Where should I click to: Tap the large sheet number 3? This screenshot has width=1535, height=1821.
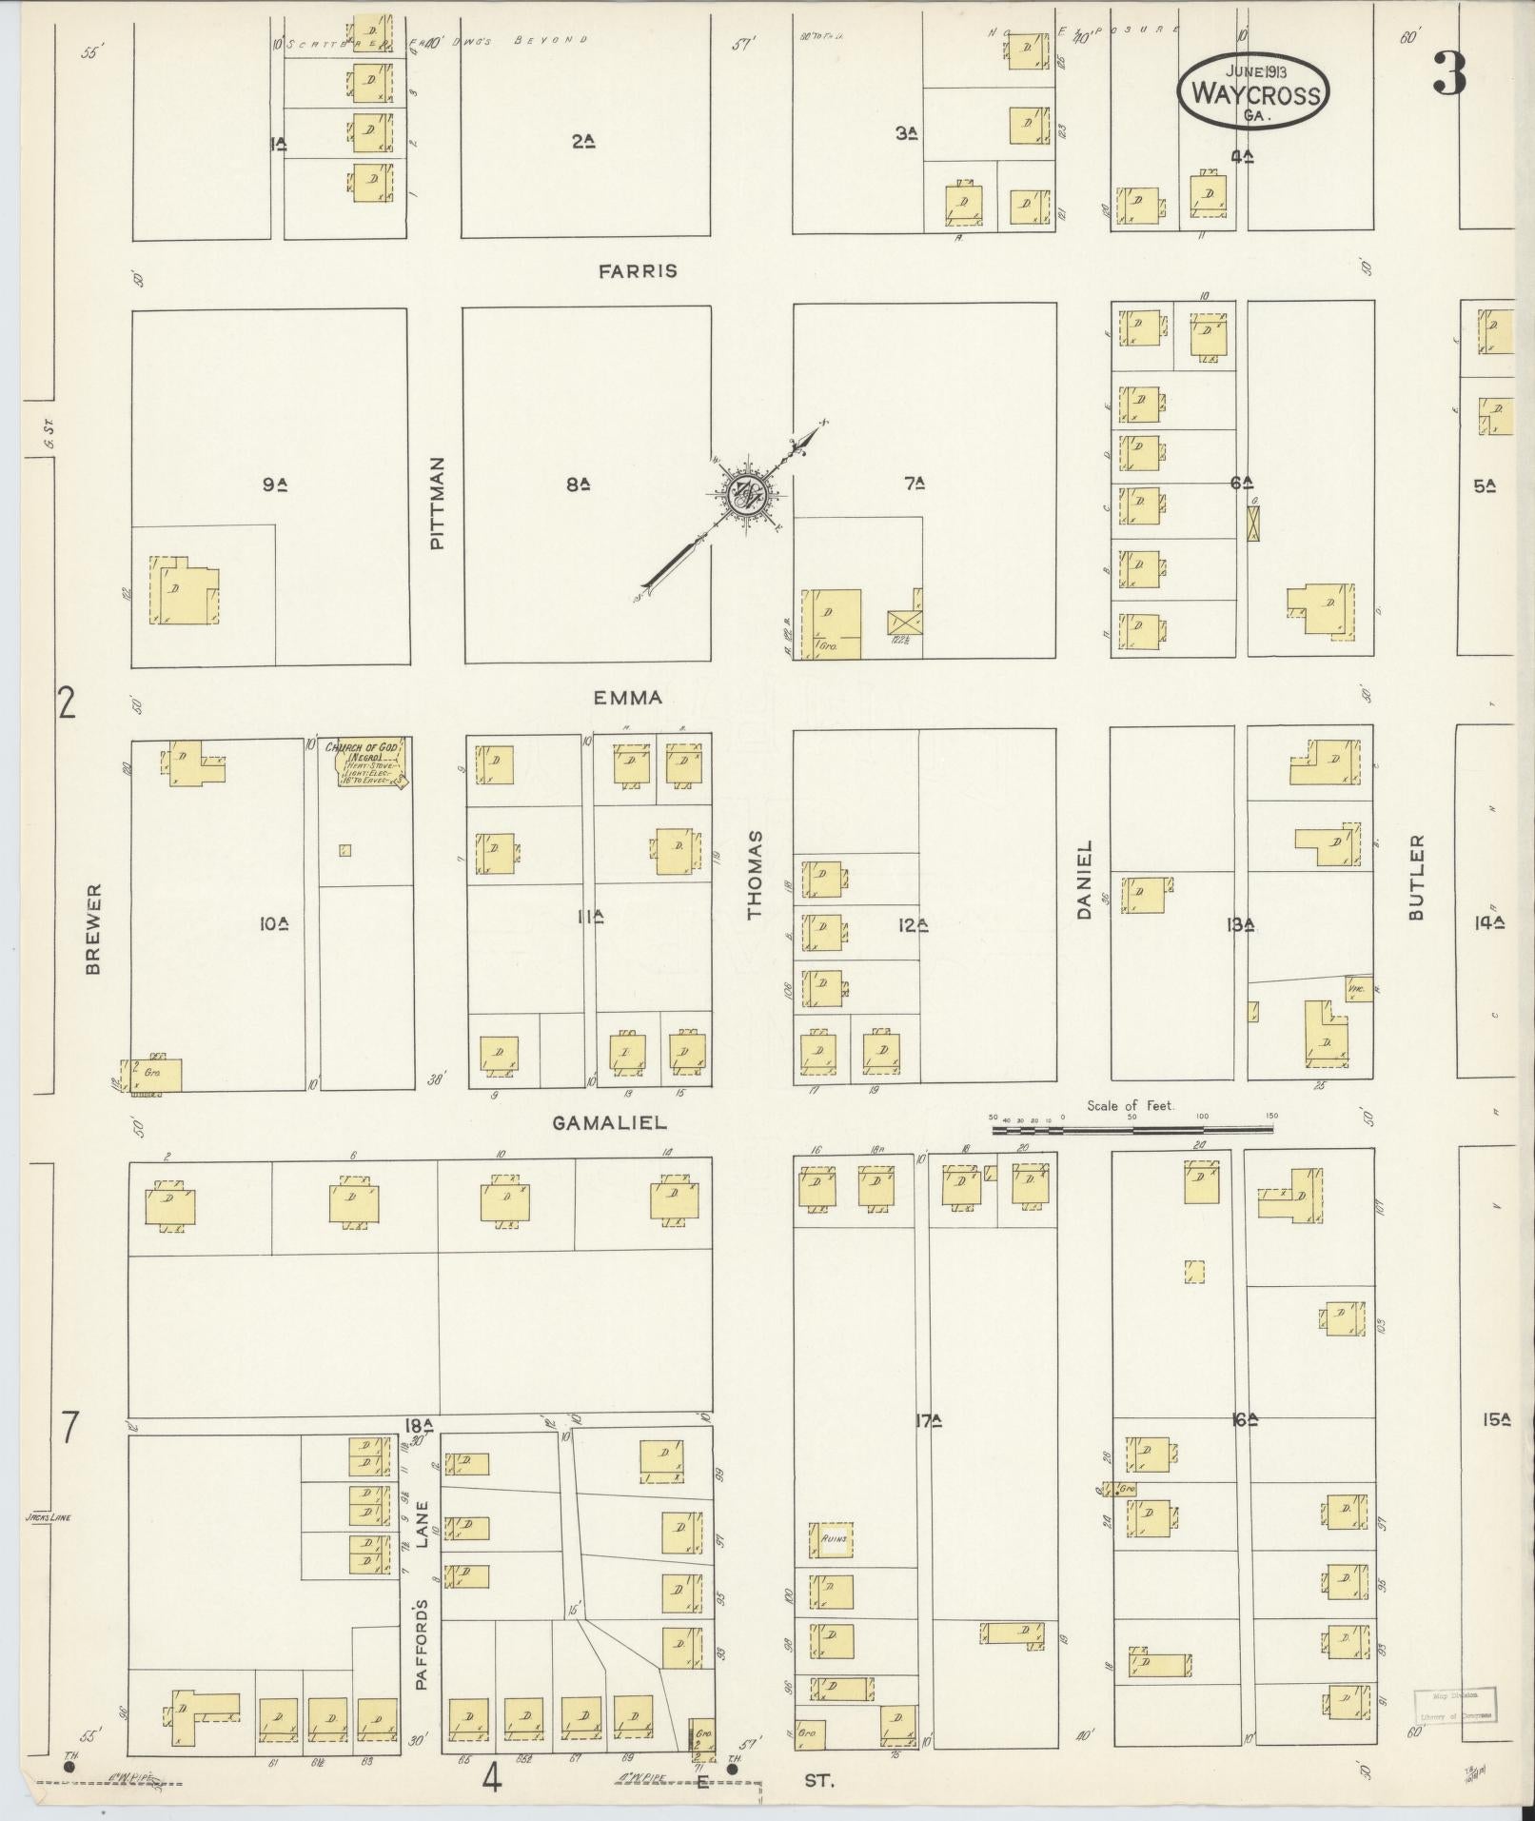click(x=1448, y=74)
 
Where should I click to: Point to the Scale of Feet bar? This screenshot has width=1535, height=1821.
click(x=1132, y=1129)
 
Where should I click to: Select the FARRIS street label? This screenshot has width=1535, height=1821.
click(x=638, y=271)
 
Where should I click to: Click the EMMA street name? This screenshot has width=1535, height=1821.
click(x=627, y=698)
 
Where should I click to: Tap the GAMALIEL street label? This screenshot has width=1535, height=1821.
click(x=609, y=1123)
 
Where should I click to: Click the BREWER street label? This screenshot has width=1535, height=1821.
click(x=93, y=930)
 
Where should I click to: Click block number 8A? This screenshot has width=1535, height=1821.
click(x=578, y=485)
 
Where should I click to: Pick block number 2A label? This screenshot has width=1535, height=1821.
click(x=583, y=142)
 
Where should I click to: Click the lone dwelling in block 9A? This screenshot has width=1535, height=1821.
click(x=183, y=591)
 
